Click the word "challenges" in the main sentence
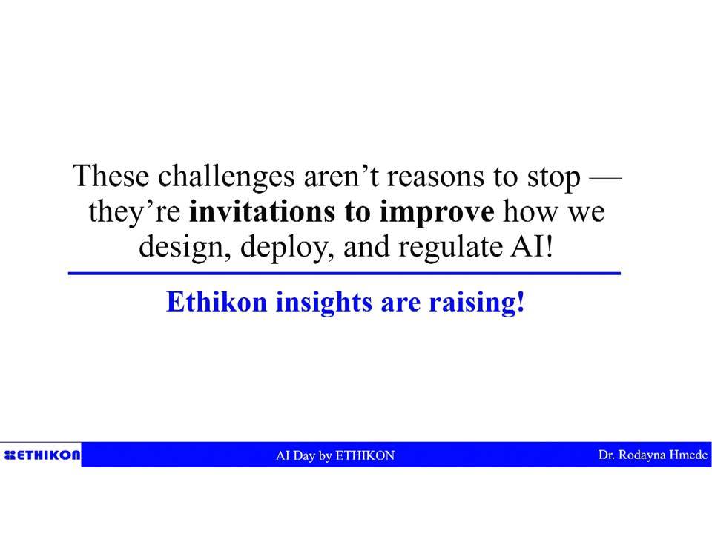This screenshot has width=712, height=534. click(x=226, y=177)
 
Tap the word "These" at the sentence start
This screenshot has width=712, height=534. click(x=111, y=175)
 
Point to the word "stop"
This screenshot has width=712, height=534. click(x=553, y=178)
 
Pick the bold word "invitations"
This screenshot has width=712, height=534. click(x=262, y=211)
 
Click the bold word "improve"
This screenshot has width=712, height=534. click(x=437, y=213)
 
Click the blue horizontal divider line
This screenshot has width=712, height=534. click(x=344, y=274)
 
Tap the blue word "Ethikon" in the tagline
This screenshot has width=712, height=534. click(x=217, y=302)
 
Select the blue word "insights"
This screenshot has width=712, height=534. click(x=324, y=303)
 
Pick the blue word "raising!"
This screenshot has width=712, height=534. click(x=477, y=303)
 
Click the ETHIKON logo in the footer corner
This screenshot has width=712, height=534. click(x=42, y=455)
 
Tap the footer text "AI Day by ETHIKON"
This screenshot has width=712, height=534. click(x=335, y=455)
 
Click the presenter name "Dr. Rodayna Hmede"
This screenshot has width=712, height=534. click(x=653, y=455)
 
